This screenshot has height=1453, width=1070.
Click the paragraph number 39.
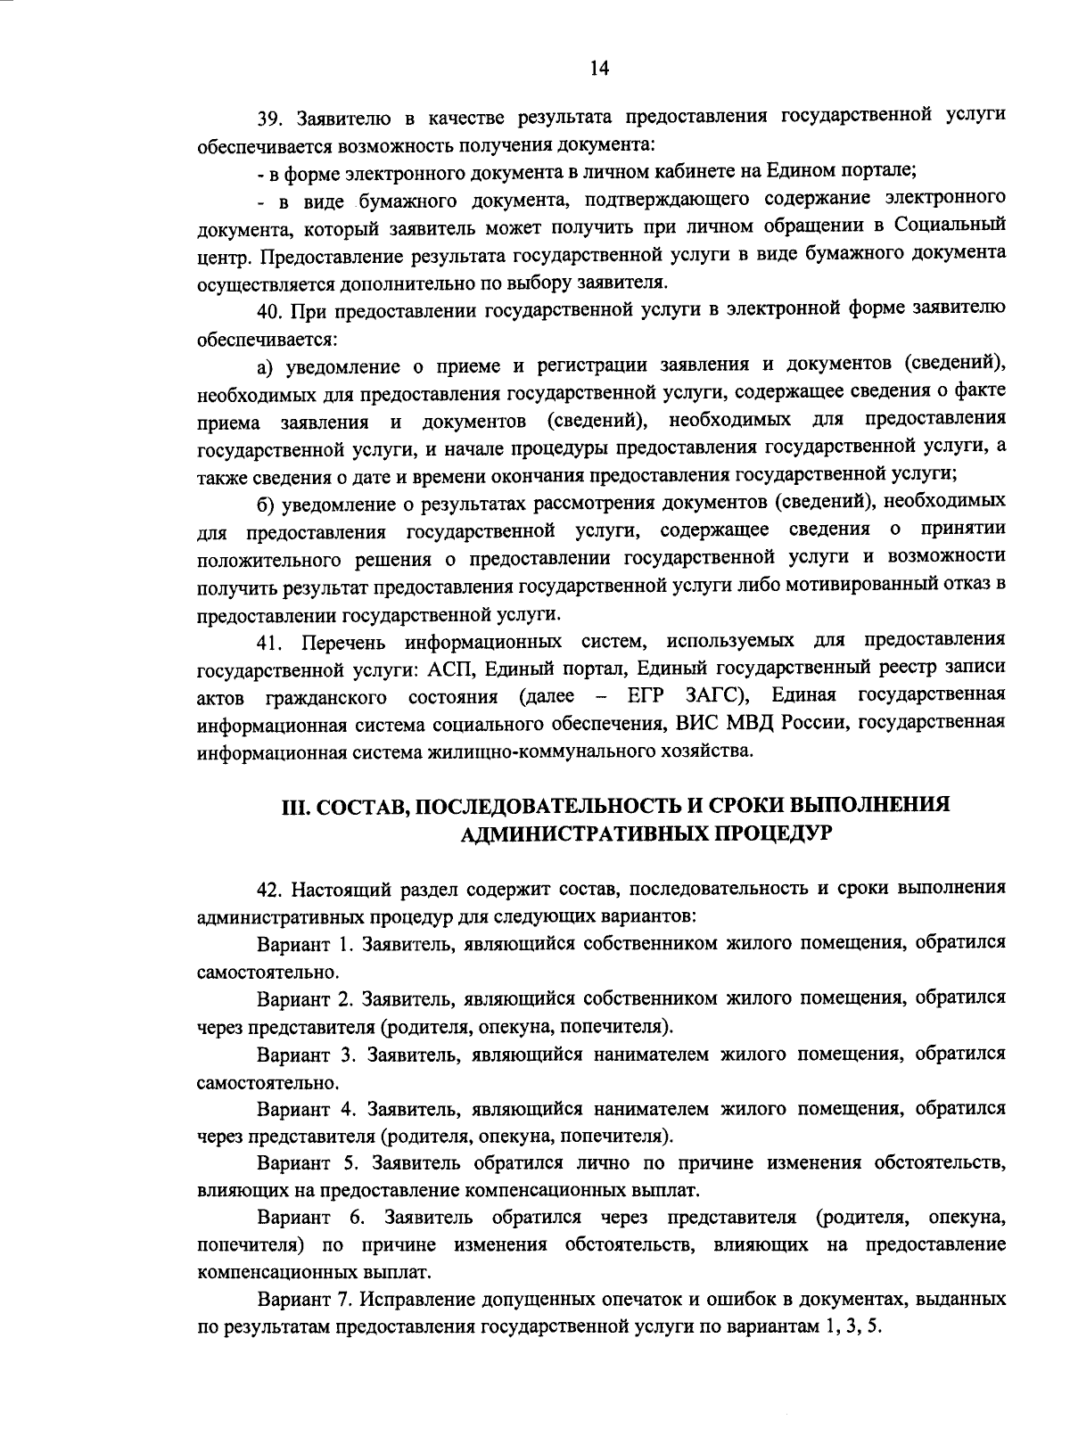point(270,118)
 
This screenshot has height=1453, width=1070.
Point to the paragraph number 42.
point(270,889)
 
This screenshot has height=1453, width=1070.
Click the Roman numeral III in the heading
point(295,806)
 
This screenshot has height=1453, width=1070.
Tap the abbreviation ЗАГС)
point(717,695)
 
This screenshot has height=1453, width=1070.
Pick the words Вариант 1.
point(307,943)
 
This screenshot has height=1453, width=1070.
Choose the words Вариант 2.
point(307,998)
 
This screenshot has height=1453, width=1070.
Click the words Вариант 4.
point(307,1109)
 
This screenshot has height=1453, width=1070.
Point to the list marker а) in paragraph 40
point(265,365)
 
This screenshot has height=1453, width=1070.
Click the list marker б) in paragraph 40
point(265,504)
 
